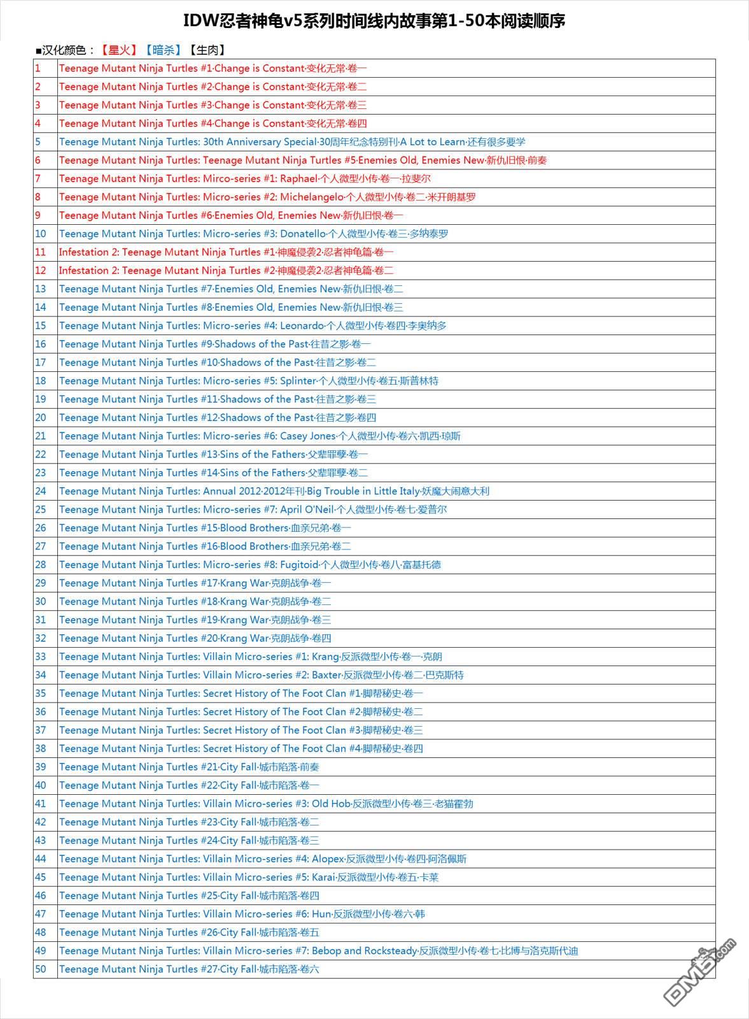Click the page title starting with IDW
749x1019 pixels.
tap(374, 21)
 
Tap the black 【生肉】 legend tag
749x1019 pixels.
tap(206, 50)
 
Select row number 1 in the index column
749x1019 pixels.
tap(38, 68)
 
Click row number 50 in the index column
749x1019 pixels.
tap(41, 969)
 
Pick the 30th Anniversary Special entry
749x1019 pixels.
tap(292, 142)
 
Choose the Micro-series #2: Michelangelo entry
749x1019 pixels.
tap(267, 197)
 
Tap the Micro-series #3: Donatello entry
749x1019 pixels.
tap(253, 234)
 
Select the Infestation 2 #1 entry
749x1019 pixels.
tap(226, 252)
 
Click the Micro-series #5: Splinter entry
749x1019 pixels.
tap(248, 381)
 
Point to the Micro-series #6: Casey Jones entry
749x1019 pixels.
tap(260, 436)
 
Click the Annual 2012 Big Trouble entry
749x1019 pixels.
tap(274, 491)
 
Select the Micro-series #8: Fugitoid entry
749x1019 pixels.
tap(249, 565)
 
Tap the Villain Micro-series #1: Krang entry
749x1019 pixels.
tap(250, 657)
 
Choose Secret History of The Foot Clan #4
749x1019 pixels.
tap(241, 748)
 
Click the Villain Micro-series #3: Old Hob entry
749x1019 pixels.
tap(266, 804)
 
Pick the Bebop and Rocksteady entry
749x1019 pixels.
tap(318, 951)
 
